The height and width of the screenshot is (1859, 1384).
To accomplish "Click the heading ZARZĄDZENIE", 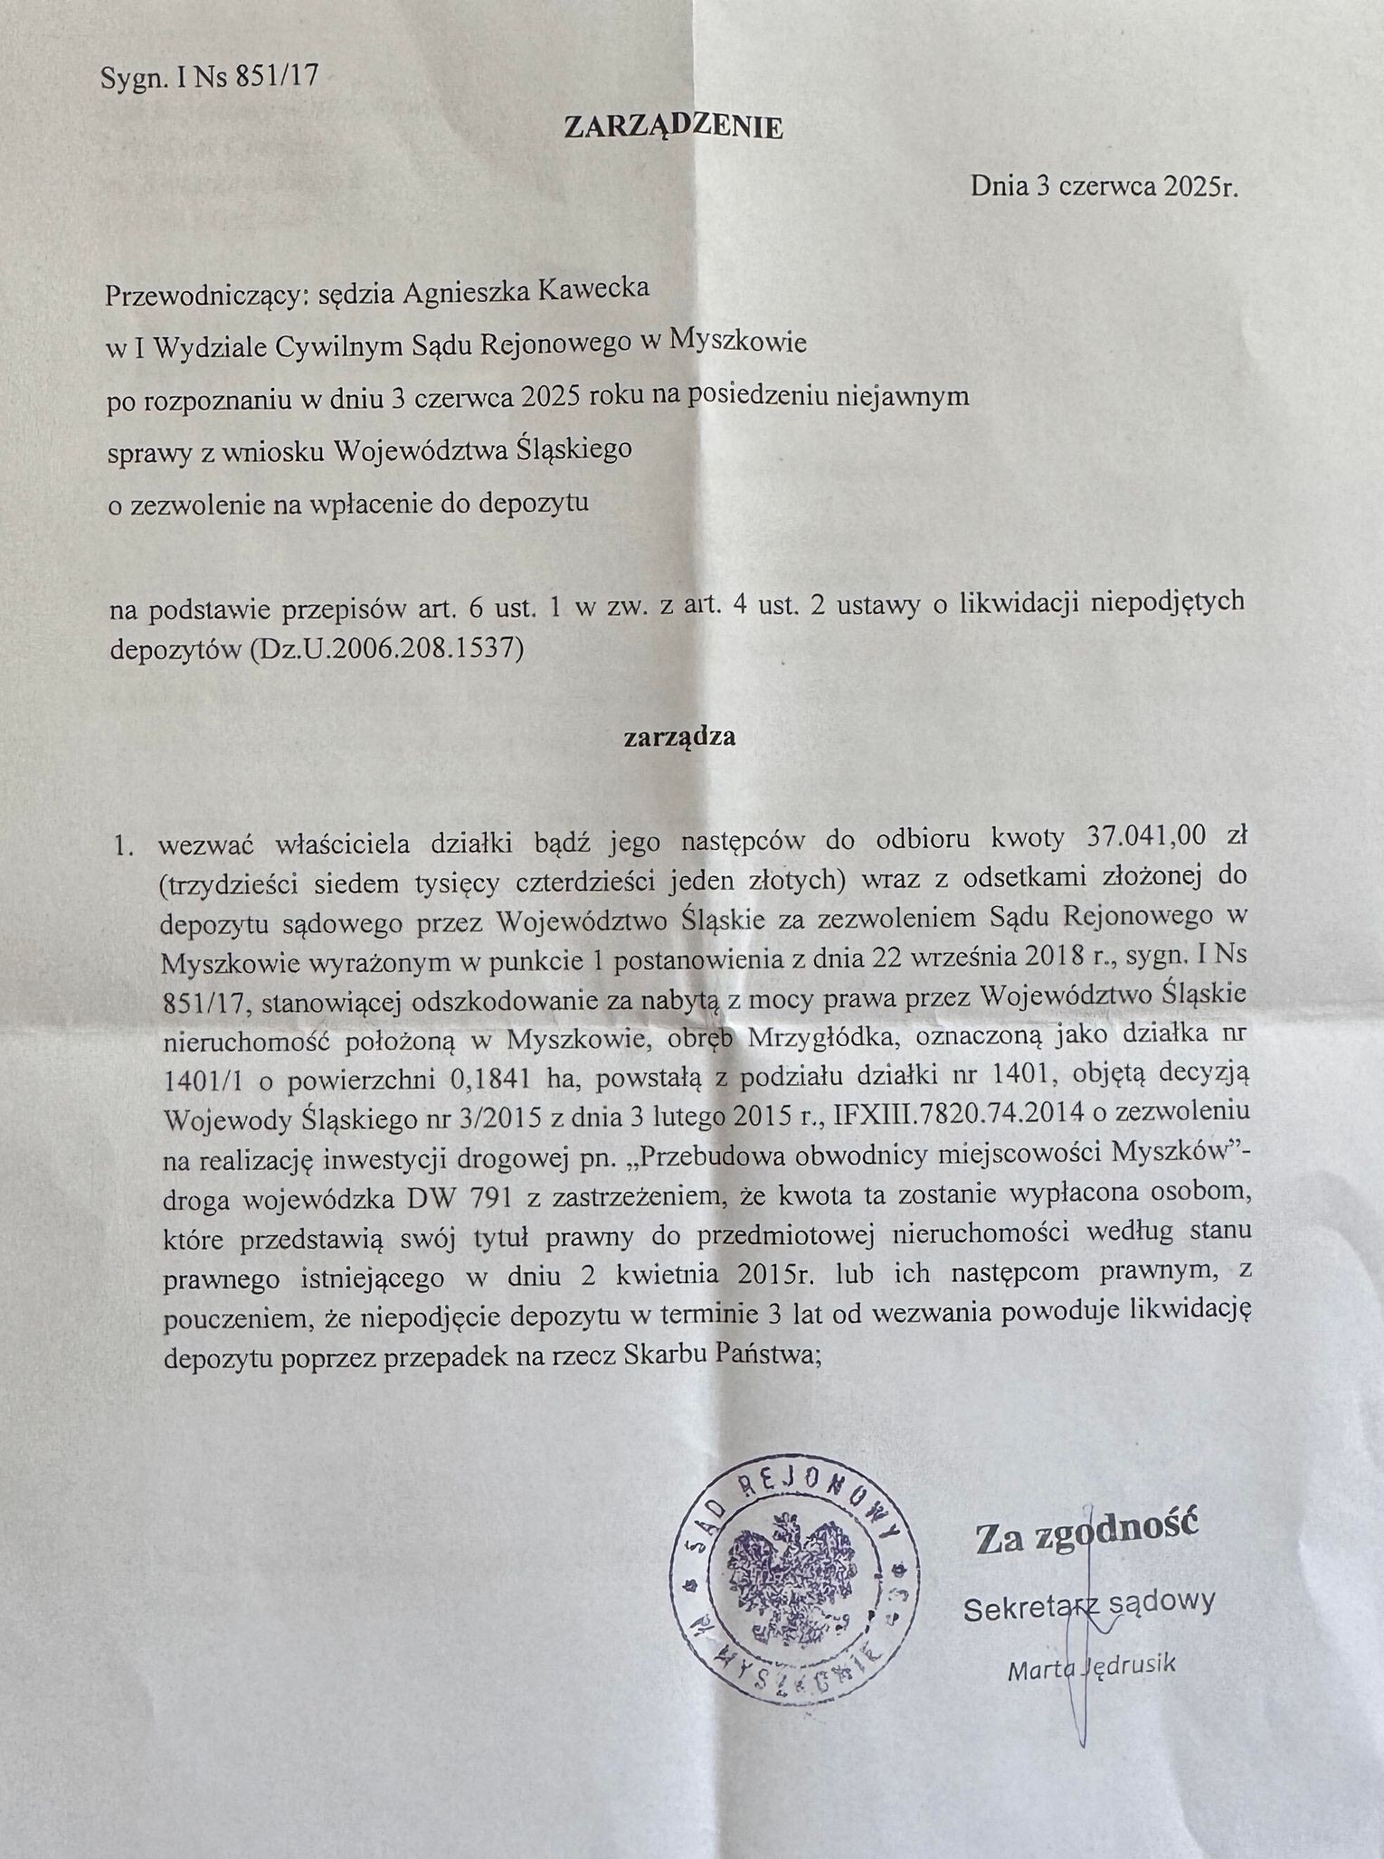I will (674, 127).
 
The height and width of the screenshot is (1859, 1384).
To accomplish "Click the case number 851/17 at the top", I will (276, 78).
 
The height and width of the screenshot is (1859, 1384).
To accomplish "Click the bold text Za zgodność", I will (1085, 1536).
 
